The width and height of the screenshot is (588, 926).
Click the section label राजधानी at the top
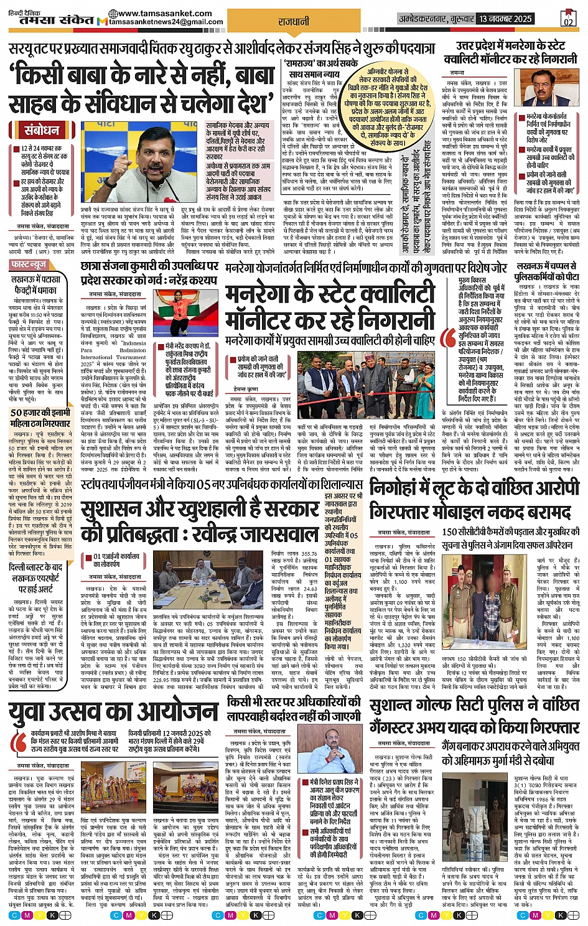tap(293, 21)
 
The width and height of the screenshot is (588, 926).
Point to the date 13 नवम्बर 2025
tap(505, 19)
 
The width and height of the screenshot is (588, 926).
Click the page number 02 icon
tap(567, 19)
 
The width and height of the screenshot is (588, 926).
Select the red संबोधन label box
tap(42, 131)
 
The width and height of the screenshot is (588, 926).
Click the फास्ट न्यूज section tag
tap(30, 265)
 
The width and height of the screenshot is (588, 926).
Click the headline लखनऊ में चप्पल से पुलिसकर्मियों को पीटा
tap(547, 271)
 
